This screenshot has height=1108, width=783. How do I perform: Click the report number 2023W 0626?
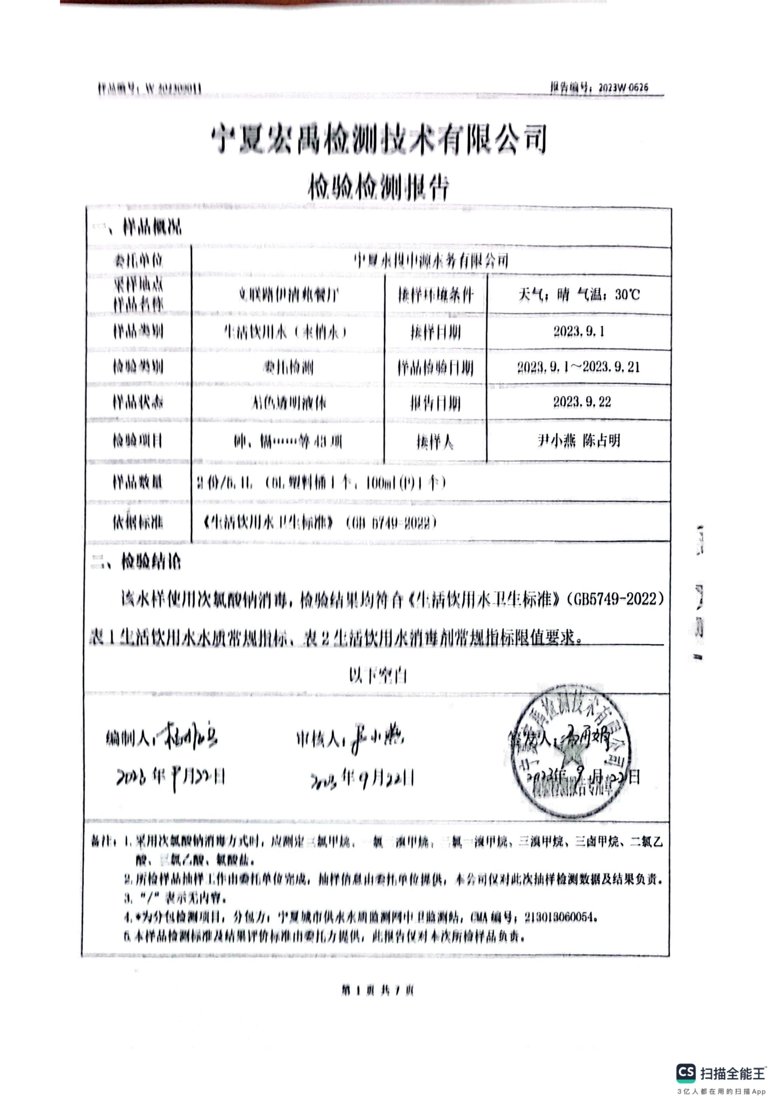pyautogui.click(x=623, y=87)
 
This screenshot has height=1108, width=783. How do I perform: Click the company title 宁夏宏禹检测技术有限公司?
pyautogui.click(x=379, y=140)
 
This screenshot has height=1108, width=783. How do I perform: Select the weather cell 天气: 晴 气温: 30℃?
pyautogui.click(x=579, y=294)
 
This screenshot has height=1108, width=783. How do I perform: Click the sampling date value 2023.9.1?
pyautogui.click(x=579, y=332)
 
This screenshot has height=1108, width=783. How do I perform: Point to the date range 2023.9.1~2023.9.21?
pyautogui.click(x=579, y=367)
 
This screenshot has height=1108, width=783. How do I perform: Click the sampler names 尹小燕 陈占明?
pyautogui.click(x=579, y=440)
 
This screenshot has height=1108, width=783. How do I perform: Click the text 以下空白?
pyautogui.click(x=378, y=676)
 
